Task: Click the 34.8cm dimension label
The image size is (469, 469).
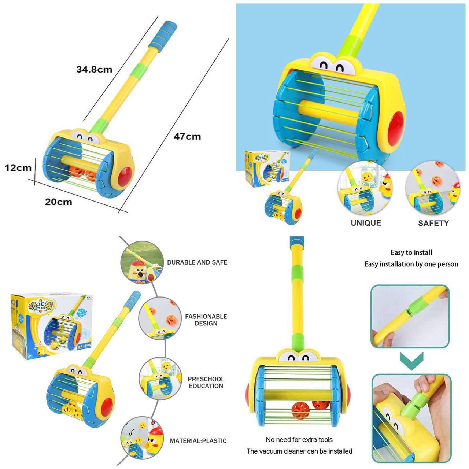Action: (x=95, y=69)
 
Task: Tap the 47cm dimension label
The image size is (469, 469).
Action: (x=187, y=136)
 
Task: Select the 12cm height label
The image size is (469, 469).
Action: (x=18, y=168)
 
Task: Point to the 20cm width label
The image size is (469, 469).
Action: (x=59, y=202)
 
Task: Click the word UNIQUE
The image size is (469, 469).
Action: (x=366, y=223)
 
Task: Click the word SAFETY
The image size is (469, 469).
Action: (x=433, y=223)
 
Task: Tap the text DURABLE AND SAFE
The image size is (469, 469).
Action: (x=197, y=262)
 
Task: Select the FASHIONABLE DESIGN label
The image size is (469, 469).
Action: (x=206, y=320)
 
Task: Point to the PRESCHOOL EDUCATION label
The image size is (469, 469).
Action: (x=206, y=383)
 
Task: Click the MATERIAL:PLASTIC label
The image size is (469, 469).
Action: (x=198, y=441)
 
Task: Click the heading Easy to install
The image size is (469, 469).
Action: (x=411, y=252)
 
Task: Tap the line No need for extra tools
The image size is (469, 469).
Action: (x=299, y=439)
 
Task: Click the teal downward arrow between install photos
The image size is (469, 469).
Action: (x=411, y=361)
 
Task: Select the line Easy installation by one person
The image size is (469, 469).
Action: (x=411, y=264)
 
